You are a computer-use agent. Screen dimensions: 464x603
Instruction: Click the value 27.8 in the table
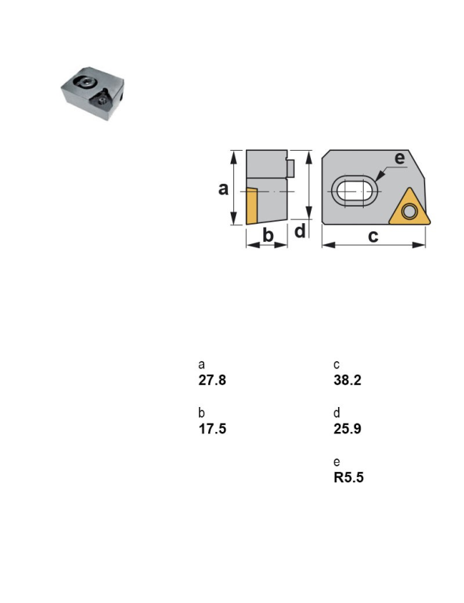pos(212,380)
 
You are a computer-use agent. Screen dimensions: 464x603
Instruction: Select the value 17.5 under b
pos(212,428)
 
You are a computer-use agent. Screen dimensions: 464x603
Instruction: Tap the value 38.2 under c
pos(347,380)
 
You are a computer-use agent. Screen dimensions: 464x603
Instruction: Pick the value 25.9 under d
pos(347,428)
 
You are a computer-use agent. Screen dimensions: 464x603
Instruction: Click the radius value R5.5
pos(349,477)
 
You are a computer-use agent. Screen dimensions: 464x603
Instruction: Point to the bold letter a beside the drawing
pos(223,189)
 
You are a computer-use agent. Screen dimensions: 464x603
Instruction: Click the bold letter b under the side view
pos(268,234)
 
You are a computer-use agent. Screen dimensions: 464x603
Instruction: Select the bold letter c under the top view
pos(373,236)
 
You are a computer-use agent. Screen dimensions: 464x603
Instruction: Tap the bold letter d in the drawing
pos(300,231)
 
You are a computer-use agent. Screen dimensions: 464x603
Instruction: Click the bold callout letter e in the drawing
pos(400,158)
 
